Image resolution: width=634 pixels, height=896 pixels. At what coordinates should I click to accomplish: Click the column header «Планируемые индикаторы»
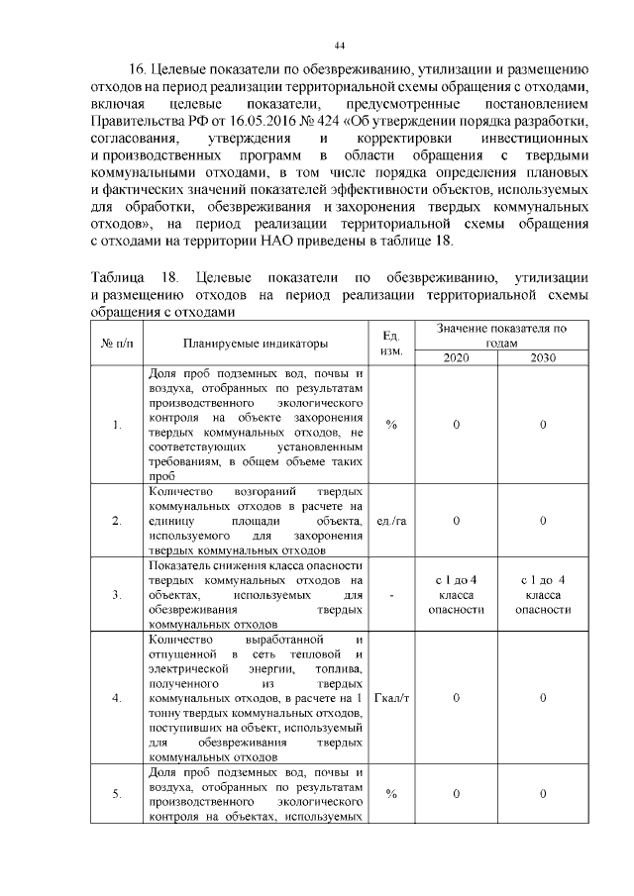pyautogui.click(x=254, y=344)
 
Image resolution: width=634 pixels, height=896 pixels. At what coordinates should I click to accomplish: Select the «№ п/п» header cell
pyautogui.click(x=117, y=344)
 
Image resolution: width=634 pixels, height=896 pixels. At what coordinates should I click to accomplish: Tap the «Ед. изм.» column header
pyautogui.click(x=391, y=344)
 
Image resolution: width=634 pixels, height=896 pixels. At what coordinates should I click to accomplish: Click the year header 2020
pyautogui.click(x=456, y=358)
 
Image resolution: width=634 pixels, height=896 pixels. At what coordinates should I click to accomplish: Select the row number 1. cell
pyautogui.click(x=117, y=426)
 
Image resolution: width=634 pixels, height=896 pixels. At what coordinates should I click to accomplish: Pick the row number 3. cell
pyautogui.click(x=117, y=595)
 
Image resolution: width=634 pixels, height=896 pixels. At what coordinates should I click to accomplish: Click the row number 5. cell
pyautogui.click(x=117, y=794)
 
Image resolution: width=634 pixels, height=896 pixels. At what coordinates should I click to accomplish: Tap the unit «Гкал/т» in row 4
pyautogui.click(x=391, y=698)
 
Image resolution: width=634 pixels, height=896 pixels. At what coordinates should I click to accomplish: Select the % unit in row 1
pyautogui.click(x=391, y=425)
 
